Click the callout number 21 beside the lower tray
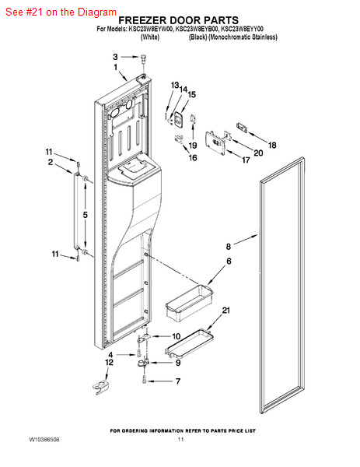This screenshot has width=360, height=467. tap(226, 311)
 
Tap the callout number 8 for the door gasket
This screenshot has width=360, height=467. tap(228, 246)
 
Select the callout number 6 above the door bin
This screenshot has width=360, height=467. tap(229, 261)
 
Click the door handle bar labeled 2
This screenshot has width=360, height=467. tap(76, 211)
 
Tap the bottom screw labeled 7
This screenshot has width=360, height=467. tap(145, 379)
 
